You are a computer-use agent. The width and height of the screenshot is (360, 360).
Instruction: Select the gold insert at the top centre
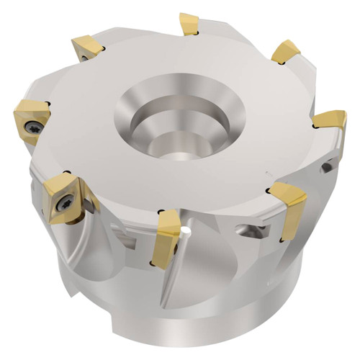pos(189,23)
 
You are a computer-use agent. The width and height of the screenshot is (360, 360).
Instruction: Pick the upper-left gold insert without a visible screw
pos(86,49)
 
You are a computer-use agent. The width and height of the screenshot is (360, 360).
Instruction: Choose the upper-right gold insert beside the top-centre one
pos(286,51)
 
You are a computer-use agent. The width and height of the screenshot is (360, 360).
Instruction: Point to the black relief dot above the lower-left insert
pos(66,172)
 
